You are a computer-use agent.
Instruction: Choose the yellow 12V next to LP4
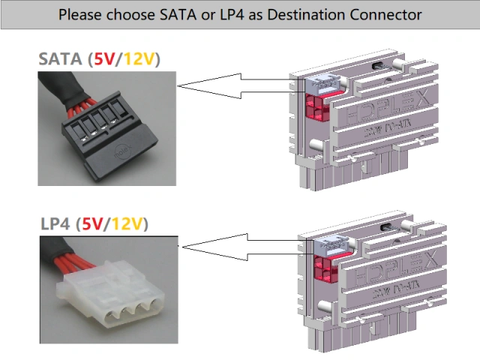129,223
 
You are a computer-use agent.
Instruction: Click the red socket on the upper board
317,108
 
